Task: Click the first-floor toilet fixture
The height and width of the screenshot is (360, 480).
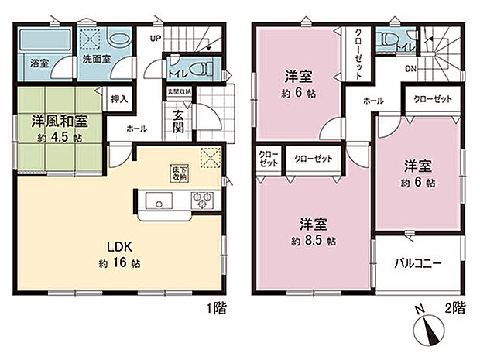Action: pyautogui.click(x=203, y=68)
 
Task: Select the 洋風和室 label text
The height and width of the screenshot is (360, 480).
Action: pyautogui.click(x=58, y=122)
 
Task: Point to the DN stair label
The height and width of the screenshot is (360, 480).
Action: pyautogui.click(x=410, y=67)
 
